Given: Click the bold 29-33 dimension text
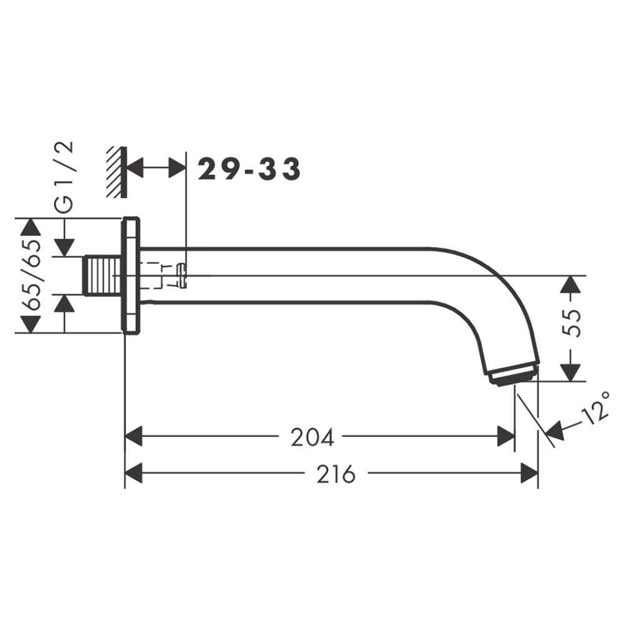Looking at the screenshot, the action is (x=249, y=168).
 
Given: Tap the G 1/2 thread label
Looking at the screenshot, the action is (x=64, y=177).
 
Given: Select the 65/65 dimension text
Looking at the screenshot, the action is (x=32, y=275).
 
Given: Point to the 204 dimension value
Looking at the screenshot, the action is (x=312, y=437).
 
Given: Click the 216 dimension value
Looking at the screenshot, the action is (x=336, y=474).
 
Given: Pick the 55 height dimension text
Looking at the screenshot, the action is (x=572, y=323).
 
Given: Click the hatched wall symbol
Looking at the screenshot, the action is (x=117, y=172).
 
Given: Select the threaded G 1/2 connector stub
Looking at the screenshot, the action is (x=102, y=276).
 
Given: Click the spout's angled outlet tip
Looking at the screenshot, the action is (x=514, y=374).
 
